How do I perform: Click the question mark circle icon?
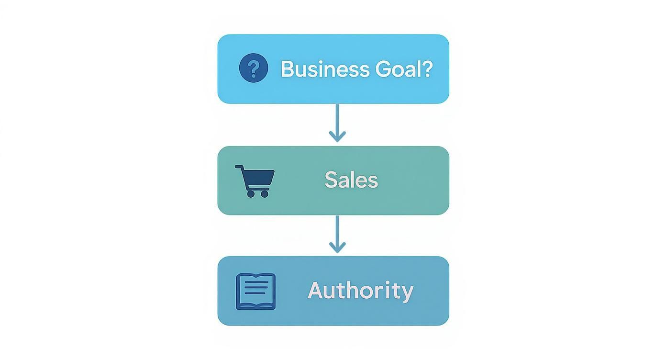click(x=254, y=68)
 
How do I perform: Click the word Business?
click(x=325, y=69)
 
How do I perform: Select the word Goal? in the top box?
click(x=404, y=69)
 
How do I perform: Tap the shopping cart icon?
click(x=255, y=181)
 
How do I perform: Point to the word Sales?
click(x=351, y=180)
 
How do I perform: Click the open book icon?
click(x=255, y=292)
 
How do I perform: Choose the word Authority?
click(x=360, y=291)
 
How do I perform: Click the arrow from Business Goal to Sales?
click(x=337, y=123)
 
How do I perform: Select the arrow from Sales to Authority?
click(x=337, y=235)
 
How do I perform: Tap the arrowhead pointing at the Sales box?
click(x=337, y=137)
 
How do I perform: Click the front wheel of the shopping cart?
click(x=265, y=194)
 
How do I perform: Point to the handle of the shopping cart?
click(x=239, y=167)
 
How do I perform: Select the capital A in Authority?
click(x=315, y=290)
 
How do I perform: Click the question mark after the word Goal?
click(x=428, y=69)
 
